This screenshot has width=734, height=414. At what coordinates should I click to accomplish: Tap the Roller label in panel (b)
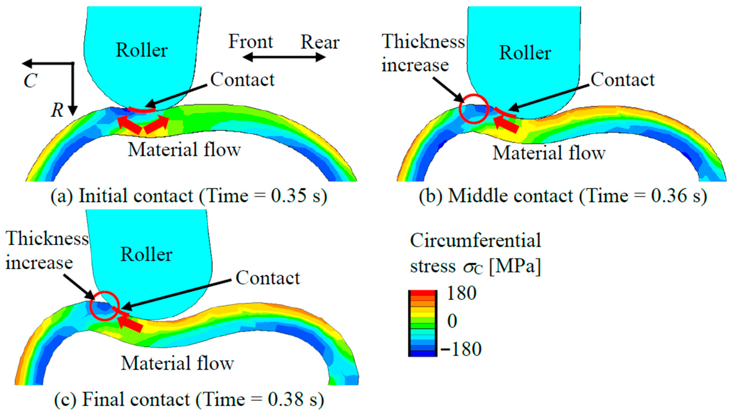[x=525, y=53]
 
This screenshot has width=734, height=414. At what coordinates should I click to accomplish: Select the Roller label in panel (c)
[x=146, y=254]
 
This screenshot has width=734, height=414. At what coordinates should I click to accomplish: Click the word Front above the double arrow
[x=251, y=42]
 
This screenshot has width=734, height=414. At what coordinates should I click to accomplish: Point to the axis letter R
[x=57, y=110]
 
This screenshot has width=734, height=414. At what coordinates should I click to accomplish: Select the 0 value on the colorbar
[x=452, y=321]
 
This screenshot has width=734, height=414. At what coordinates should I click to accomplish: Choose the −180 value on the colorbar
[x=461, y=349]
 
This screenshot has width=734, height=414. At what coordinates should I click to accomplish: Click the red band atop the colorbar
[x=423, y=293]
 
